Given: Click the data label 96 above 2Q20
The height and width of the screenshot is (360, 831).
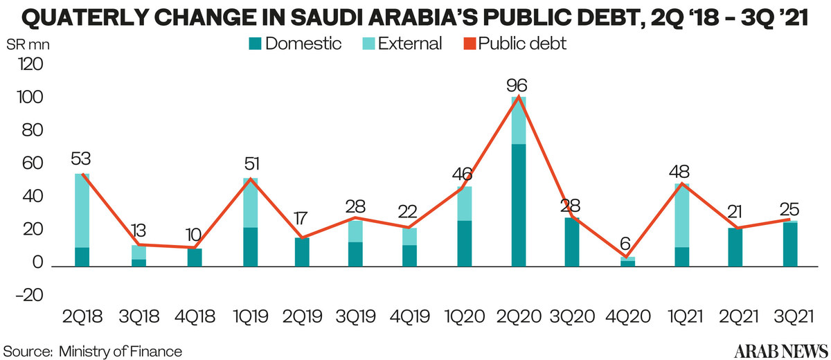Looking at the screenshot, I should (x=517, y=87).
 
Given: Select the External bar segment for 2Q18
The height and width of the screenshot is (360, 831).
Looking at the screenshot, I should (x=82, y=210).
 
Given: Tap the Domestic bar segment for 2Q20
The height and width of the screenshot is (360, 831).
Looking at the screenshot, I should (x=517, y=205).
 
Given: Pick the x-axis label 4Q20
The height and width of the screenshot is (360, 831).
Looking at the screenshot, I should (x=627, y=318).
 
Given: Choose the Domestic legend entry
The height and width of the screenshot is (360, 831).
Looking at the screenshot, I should (x=294, y=44).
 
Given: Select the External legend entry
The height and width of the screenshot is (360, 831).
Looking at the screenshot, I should (x=402, y=44).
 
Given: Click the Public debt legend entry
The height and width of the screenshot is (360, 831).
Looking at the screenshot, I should (x=515, y=44).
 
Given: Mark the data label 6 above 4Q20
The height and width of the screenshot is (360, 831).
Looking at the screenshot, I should (x=627, y=244).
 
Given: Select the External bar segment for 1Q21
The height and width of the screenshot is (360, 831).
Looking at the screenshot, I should (x=682, y=215).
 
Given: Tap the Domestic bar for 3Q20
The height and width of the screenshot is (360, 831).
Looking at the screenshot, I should (x=572, y=242).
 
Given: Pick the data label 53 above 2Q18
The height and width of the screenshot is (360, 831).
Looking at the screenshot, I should (x=82, y=160).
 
